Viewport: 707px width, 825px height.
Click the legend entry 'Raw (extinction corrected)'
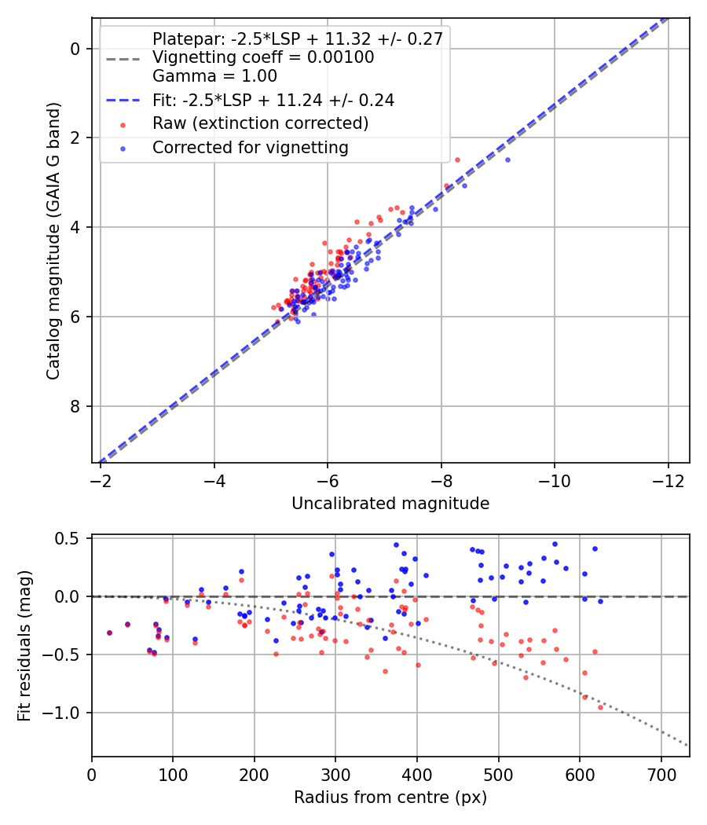point(260,123)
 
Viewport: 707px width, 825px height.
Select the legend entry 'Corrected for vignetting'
point(251,148)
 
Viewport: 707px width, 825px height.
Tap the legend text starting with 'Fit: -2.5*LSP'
point(273,100)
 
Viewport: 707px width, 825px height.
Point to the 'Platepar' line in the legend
point(298,39)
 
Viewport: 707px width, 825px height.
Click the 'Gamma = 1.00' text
point(214,76)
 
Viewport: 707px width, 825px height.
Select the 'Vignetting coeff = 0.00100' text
point(263,57)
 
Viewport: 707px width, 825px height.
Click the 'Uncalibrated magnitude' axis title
point(390,504)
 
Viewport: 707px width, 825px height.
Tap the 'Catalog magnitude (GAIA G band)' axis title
point(53,241)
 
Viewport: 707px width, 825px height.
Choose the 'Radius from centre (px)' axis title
point(390,797)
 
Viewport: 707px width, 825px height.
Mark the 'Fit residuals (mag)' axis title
point(24,646)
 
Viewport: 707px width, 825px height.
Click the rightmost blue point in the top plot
point(507,160)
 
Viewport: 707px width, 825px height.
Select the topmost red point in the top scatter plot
point(457,160)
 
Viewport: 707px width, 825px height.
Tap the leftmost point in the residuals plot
point(109,633)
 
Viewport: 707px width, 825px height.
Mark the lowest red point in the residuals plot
point(600,708)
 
